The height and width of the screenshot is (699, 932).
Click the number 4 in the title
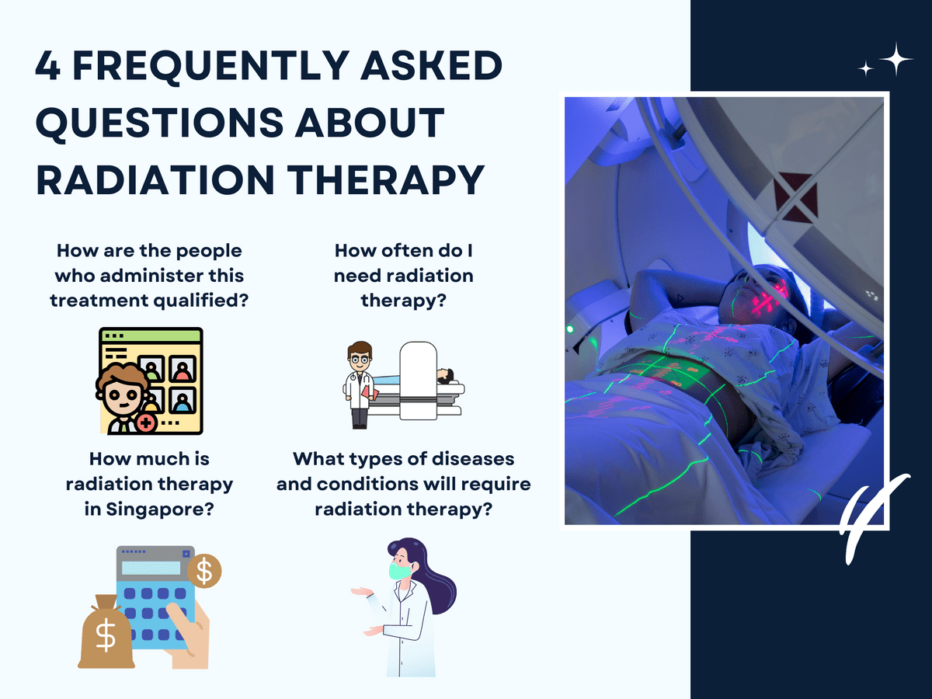pyautogui.click(x=48, y=68)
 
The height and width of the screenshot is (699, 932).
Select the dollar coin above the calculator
pyautogui.click(x=205, y=571)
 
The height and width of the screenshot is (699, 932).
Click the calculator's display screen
pyautogui.click(x=151, y=568)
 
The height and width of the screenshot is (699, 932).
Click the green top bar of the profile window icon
pyautogui.click(x=151, y=336)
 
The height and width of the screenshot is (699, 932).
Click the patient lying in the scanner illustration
pyautogui.click(x=444, y=377)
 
